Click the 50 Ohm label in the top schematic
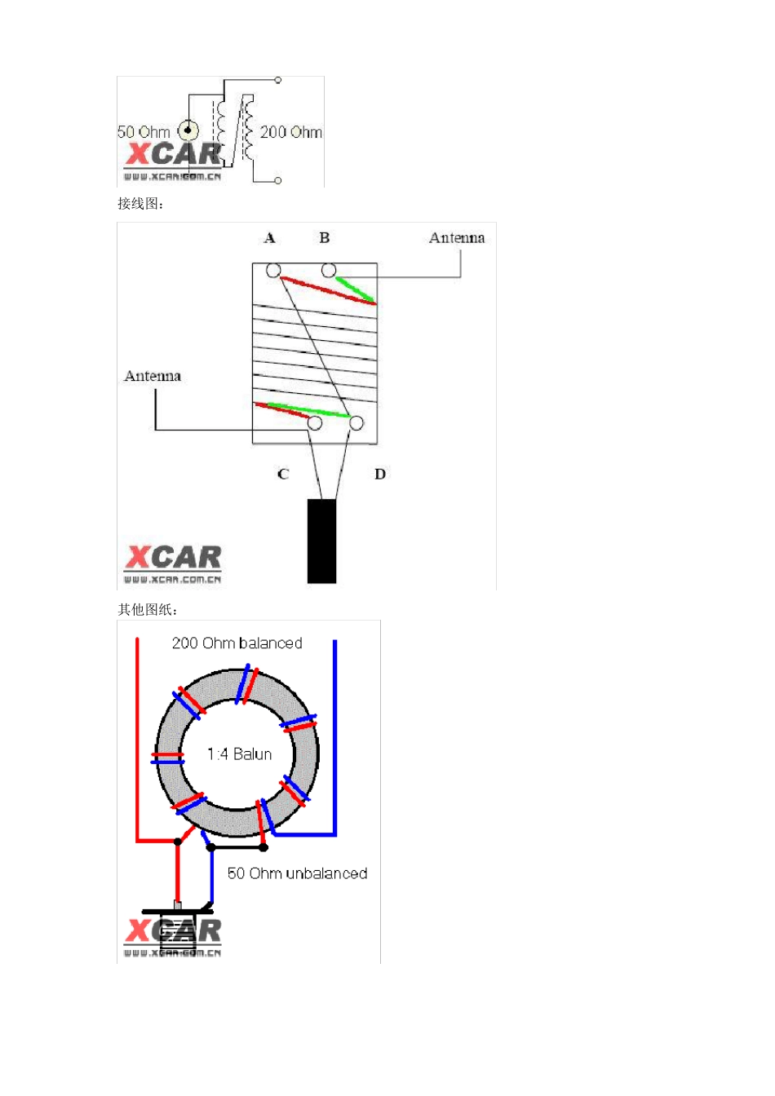pyautogui.click(x=144, y=132)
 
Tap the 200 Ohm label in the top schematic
pyautogui.click(x=290, y=132)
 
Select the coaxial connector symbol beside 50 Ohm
pyautogui.click(x=188, y=130)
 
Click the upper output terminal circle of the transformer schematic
pyautogui.click(x=277, y=80)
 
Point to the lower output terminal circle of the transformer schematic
pyautogui.click(x=277, y=180)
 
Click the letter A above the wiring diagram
pyautogui.click(x=269, y=238)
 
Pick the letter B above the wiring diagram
pyautogui.click(x=324, y=238)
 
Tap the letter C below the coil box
pyautogui.click(x=283, y=474)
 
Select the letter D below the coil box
pyautogui.click(x=380, y=474)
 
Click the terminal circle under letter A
pyautogui.click(x=273, y=270)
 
